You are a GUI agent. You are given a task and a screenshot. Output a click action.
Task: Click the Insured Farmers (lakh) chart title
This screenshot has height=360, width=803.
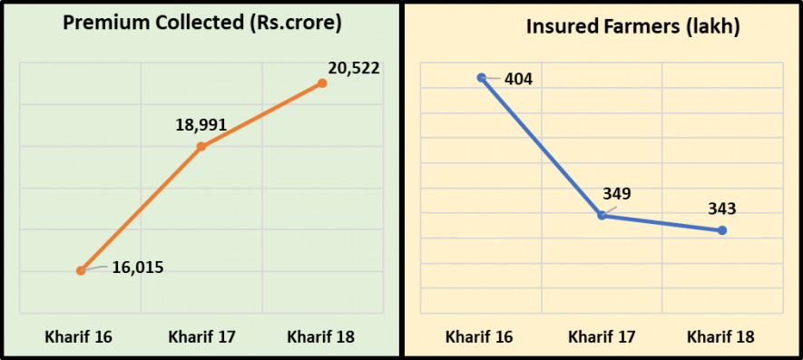click(633, 26)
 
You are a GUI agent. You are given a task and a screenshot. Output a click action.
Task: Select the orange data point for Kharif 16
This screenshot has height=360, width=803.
click(81, 270)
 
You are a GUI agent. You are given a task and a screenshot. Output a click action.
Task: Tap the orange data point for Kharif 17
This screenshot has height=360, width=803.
click(201, 146)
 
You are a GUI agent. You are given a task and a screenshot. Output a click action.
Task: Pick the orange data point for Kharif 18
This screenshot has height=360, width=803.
click(322, 83)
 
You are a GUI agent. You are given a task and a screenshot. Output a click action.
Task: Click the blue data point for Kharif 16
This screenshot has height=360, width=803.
click(481, 78)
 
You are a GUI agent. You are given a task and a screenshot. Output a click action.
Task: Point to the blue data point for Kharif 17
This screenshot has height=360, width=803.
click(602, 215)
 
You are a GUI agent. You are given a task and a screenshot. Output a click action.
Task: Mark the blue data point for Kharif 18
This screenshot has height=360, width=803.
click(722, 230)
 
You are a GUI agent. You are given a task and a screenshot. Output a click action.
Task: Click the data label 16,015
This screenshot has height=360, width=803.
click(138, 268)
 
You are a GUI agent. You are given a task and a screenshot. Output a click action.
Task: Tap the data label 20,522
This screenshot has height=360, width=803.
click(354, 67)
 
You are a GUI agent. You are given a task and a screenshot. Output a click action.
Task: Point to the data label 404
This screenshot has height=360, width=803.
click(517, 79)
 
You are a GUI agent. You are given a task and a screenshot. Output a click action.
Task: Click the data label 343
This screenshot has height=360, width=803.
click(722, 209)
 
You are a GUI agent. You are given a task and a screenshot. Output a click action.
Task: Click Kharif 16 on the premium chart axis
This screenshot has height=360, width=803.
click(79, 337)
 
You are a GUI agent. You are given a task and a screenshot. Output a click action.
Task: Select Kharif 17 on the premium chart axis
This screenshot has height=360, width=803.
click(201, 337)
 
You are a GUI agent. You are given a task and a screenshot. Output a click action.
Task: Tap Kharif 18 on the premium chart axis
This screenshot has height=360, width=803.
click(321, 337)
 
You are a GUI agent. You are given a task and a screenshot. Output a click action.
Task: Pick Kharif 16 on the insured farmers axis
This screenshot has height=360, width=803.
click(479, 337)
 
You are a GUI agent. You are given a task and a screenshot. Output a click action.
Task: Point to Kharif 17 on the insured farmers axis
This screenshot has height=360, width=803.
click(602, 337)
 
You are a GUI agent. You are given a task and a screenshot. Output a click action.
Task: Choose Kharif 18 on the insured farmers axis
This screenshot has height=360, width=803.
click(721, 337)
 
